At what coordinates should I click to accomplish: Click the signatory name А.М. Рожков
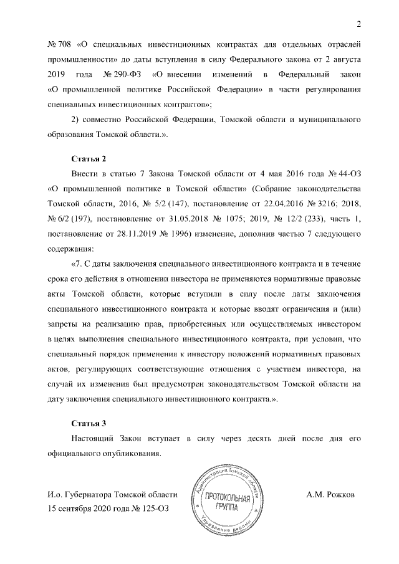click(330, 495)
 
